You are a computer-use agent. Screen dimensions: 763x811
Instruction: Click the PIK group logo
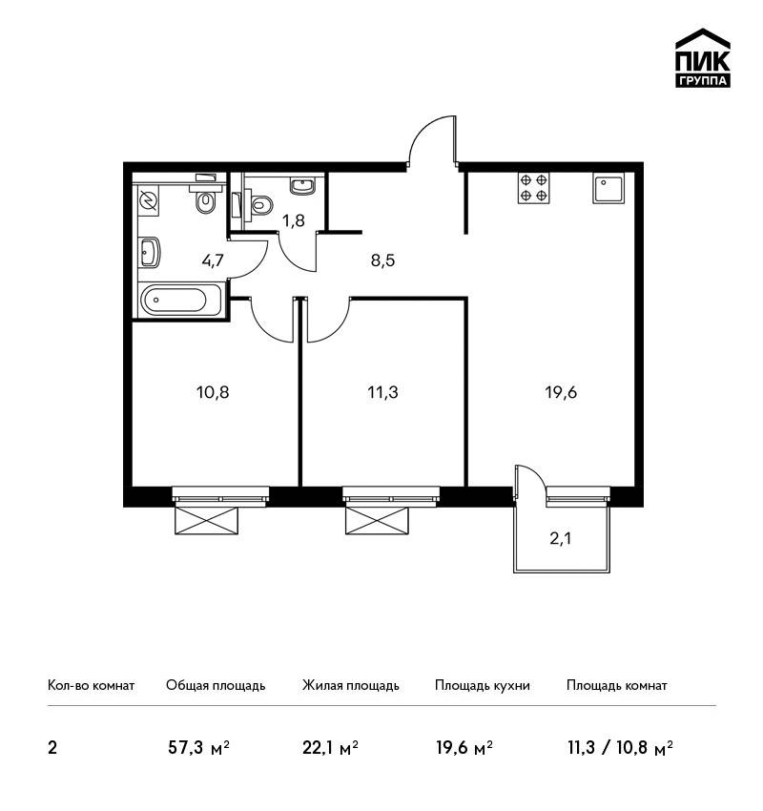703,58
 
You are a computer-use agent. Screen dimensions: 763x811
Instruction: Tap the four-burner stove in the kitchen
534,188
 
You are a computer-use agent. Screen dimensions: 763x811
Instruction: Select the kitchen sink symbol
608,188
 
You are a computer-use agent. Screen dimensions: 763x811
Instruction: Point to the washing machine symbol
149,200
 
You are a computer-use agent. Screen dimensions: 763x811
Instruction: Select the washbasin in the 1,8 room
302,185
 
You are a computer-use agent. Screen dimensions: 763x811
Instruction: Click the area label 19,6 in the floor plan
561,392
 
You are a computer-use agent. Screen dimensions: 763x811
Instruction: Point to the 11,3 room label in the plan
383,392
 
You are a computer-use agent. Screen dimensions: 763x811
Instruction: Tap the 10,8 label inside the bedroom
213,392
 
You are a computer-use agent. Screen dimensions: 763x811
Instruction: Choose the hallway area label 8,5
382,260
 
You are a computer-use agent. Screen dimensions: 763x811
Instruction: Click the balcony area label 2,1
561,539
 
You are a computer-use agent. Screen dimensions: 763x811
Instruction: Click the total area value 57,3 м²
198,748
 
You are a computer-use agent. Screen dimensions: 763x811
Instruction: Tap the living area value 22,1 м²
330,748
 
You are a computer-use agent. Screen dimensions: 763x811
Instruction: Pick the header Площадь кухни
483,685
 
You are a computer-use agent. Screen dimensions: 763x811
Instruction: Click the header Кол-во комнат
91,685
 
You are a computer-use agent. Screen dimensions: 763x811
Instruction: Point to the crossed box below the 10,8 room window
206,520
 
